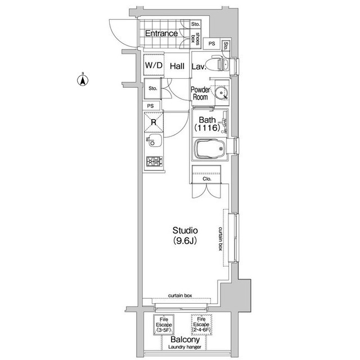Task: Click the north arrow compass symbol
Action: point(83,80)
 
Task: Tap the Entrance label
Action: point(161,34)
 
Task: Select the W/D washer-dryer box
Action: point(154,65)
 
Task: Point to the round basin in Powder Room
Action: point(222,93)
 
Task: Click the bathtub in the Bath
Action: point(210,148)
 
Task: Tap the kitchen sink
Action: point(154,141)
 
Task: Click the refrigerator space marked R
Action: point(154,122)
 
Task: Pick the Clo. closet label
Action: point(206,179)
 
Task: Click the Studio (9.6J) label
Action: point(185,235)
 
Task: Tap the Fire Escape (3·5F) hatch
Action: point(164,325)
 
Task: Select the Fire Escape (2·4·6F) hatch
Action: point(201,325)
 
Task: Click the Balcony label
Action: point(185,339)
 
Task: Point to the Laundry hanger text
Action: point(184,347)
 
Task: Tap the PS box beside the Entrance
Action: point(212,43)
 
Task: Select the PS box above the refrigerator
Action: point(151,106)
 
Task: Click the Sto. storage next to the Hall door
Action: point(152,88)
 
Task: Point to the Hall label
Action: point(177,66)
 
